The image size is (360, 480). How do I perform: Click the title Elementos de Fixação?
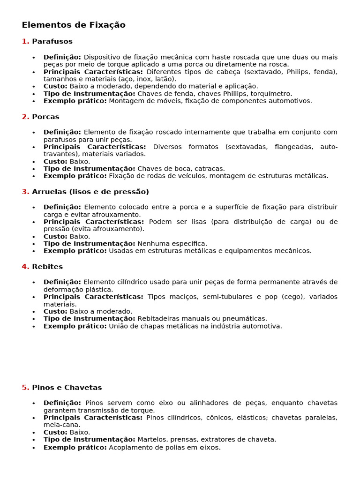pos(74,25)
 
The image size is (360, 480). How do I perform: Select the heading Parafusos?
pos(52,42)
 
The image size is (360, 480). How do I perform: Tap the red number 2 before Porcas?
pos(25,117)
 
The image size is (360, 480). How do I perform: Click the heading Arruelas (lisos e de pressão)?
pos(90,192)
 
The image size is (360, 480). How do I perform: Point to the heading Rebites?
pos(47,267)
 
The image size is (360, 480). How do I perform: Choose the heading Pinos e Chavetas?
pos(67,388)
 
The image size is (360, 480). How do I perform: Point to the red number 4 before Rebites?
pos(25,267)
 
